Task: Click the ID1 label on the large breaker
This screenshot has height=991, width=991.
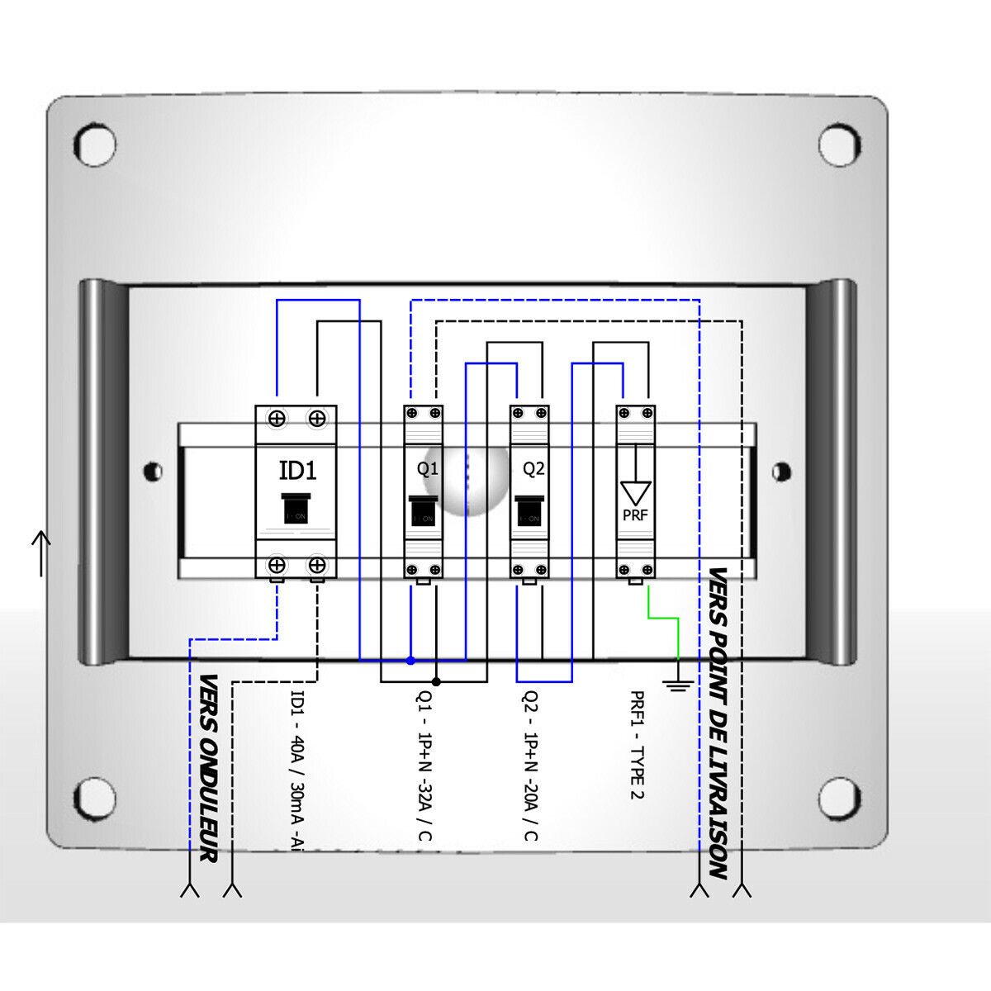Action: coord(296,472)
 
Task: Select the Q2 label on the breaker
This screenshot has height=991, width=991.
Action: coord(534,469)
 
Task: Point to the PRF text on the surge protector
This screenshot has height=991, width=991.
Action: coord(635,517)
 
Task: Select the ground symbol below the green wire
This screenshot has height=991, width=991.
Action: coord(678,682)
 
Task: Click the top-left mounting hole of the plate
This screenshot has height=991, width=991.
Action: coord(96,144)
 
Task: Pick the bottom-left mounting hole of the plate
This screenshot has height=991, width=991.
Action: coord(96,796)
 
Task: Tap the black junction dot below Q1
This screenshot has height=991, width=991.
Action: coord(436,682)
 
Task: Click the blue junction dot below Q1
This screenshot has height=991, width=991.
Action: coord(410,661)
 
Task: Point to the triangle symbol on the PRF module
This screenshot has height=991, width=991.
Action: coord(635,492)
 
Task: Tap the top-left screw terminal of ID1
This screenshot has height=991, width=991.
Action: coord(277,419)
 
